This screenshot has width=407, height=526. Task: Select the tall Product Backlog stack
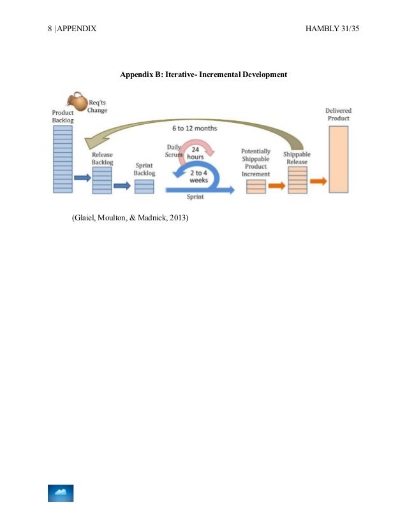[63, 159]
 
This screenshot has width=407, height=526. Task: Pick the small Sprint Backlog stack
[144, 187]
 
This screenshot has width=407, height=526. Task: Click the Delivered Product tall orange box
[339, 160]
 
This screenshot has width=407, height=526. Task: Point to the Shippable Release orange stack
[297, 180]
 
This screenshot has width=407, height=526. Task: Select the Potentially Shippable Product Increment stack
[256, 187]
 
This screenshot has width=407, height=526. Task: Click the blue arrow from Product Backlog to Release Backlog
[83, 178]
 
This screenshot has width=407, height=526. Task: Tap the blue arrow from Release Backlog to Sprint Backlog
[122, 186]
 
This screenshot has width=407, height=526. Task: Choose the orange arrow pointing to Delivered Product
[318, 182]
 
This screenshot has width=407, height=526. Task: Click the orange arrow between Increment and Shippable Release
[276, 186]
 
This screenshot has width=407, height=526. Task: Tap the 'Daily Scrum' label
[174, 151]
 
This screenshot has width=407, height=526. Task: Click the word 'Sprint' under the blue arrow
[195, 197]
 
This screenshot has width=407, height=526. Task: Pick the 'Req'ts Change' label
[98, 106]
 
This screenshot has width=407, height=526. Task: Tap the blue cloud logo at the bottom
[61, 493]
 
